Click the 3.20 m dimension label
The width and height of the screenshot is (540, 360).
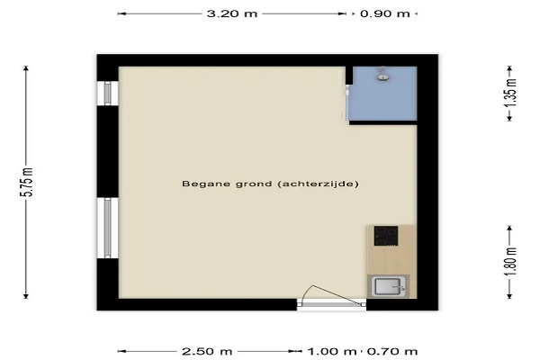click(x=232, y=13)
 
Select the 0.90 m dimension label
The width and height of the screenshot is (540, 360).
click(x=385, y=13)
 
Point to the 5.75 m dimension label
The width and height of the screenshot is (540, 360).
click(x=26, y=182)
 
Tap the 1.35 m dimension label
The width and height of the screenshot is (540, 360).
click(x=511, y=93)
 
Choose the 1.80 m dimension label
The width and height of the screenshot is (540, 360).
click(x=511, y=262)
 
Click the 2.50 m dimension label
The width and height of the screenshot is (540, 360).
click(x=207, y=352)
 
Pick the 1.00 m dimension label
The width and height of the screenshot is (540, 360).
click(x=331, y=352)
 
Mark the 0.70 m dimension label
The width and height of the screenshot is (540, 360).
click(x=392, y=352)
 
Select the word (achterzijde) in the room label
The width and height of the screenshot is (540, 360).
click(x=319, y=184)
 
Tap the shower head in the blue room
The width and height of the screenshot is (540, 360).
click(x=382, y=74)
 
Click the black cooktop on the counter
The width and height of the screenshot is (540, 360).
click(x=386, y=236)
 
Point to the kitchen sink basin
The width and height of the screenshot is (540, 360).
click(x=388, y=286)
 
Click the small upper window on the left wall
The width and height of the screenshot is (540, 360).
click(x=107, y=94)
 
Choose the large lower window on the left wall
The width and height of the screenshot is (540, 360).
click(x=107, y=228)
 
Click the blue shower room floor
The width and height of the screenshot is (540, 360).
click(x=384, y=100)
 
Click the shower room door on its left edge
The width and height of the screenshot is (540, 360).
click(x=347, y=103)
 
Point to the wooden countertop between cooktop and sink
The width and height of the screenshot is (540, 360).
click(x=391, y=260)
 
